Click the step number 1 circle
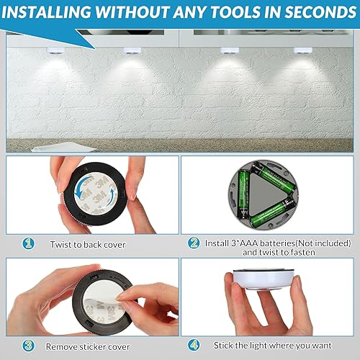[27, 243]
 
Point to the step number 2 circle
[194, 243]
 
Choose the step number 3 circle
[27, 345]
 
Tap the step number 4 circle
[194, 345]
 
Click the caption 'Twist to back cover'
[88, 245]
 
